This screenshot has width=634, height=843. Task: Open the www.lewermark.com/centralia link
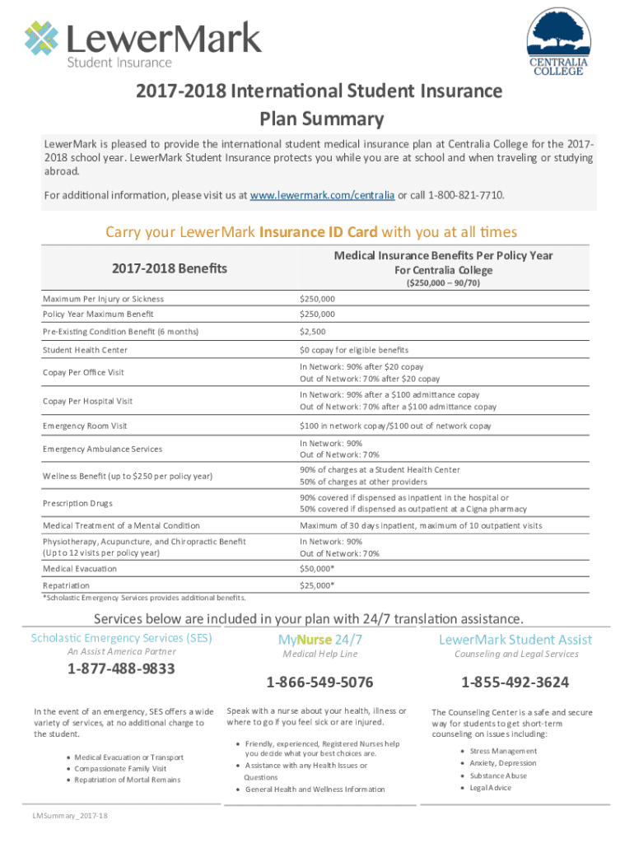(321, 195)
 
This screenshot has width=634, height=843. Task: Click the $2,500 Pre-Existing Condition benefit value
(313, 332)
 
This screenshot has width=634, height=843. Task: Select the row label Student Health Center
(85, 350)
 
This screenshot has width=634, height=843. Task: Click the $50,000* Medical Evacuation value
(317, 568)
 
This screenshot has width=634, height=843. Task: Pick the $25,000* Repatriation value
(317, 585)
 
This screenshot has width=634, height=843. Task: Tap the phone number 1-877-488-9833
(121, 668)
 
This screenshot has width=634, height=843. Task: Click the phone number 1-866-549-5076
(319, 682)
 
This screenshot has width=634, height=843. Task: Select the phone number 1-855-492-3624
(515, 682)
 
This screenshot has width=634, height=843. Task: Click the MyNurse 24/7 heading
(319, 640)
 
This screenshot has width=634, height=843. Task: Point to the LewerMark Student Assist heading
(515, 640)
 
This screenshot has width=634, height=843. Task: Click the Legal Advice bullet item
(491, 788)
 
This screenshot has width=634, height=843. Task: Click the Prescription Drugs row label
(78, 503)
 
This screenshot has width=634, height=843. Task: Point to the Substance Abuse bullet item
(499, 775)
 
